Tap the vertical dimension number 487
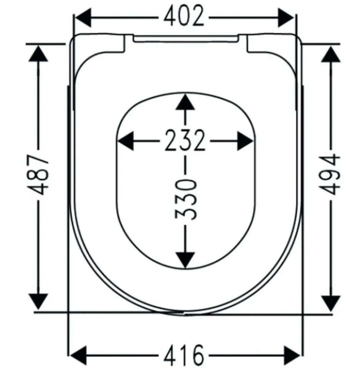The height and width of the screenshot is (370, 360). pos(38,175)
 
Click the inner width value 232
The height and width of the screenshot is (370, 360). pos(185,140)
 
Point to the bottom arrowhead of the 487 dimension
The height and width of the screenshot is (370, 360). pos(38,302)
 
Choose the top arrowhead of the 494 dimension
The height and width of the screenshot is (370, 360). pos(331,54)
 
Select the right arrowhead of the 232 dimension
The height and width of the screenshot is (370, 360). pos(245,141)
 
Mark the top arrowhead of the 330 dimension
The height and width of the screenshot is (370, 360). pos(185,102)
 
